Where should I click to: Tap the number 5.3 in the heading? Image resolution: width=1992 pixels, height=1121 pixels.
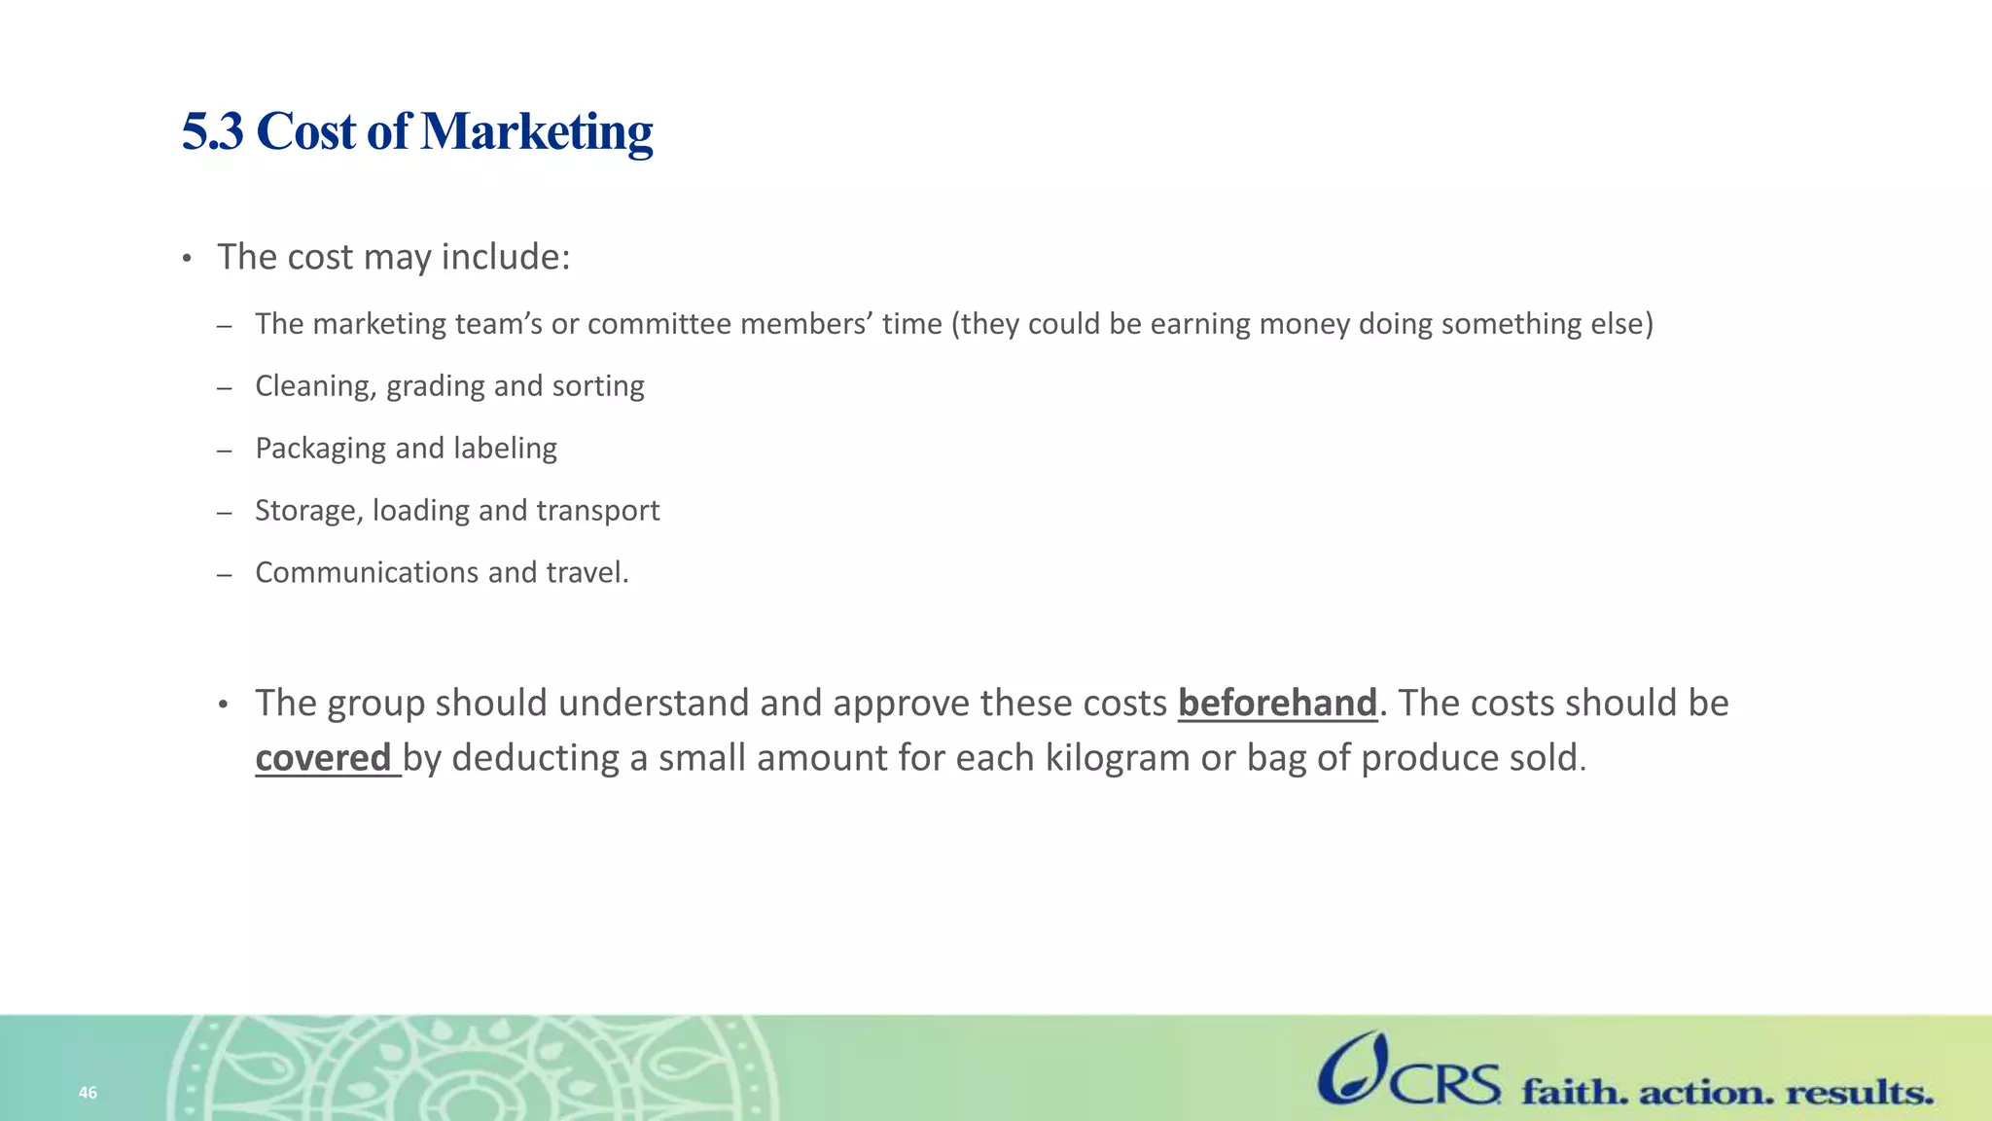click(x=212, y=132)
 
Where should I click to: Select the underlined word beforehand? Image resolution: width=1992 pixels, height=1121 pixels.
click(x=1277, y=703)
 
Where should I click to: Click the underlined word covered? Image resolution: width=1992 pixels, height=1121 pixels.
click(x=323, y=758)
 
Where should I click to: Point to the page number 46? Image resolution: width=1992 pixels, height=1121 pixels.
click(x=88, y=1093)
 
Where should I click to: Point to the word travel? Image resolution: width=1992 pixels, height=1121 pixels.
click(x=587, y=572)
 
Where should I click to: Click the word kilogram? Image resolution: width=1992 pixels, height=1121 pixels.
click(x=1118, y=758)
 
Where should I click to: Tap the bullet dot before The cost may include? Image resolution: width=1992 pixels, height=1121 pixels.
click(x=187, y=259)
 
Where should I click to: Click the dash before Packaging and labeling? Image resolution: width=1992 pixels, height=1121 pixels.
click(x=225, y=451)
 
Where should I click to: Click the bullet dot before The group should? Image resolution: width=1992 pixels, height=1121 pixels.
click(x=223, y=705)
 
